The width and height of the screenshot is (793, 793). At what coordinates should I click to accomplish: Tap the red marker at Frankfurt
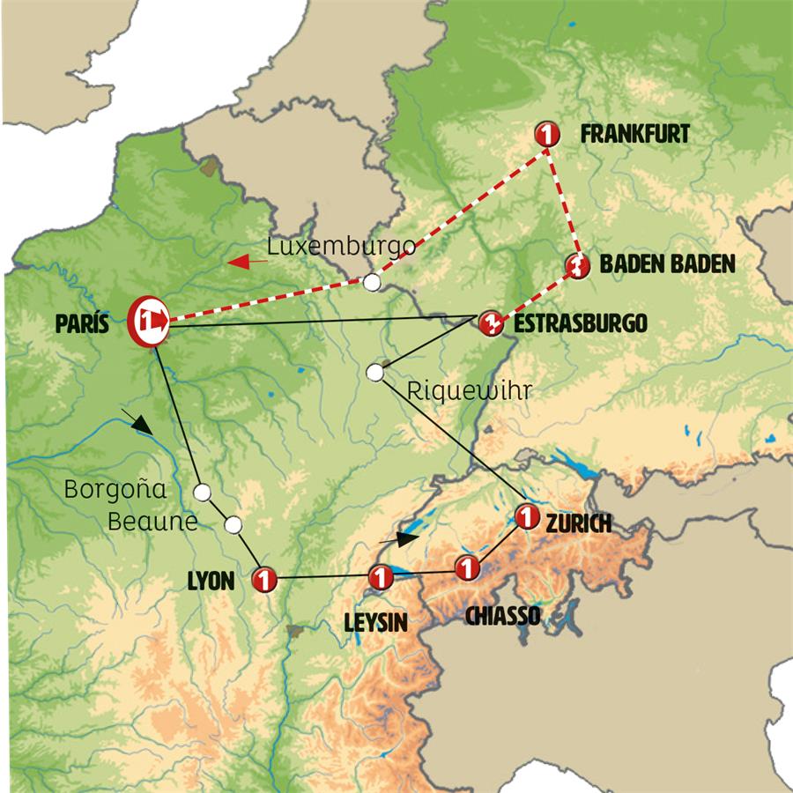point(548,135)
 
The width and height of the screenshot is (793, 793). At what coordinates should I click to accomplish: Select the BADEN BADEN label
point(666,264)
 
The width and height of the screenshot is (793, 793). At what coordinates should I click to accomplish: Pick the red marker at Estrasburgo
point(490,322)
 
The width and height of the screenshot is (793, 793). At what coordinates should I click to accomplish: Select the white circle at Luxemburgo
point(373,282)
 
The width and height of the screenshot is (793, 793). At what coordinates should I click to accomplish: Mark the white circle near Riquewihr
point(375,373)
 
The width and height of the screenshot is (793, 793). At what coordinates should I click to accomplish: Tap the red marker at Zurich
point(526,516)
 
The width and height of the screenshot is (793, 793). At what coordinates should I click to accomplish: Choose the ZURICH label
point(579,524)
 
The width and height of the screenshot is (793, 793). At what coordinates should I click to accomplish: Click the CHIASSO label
point(503,614)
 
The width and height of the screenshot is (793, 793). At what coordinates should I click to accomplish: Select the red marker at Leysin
point(379,578)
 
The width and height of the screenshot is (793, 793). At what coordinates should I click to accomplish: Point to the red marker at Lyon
point(264,580)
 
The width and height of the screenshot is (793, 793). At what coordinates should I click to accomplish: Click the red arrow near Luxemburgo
point(248,261)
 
